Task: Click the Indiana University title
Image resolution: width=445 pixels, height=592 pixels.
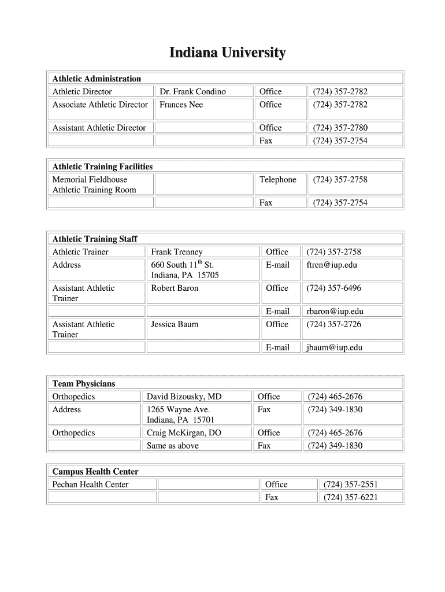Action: point(227,54)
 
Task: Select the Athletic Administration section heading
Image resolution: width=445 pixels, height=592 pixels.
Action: point(97,79)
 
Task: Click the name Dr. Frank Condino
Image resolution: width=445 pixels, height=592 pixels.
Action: point(192,92)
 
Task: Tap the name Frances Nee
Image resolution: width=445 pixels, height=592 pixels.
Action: point(181,105)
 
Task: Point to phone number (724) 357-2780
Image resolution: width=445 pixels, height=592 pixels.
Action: point(340,128)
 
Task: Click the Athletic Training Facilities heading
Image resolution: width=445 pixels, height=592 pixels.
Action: point(102,166)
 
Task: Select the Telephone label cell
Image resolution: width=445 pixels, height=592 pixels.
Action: point(277,180)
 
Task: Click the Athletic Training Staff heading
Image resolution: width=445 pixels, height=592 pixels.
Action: point(95,239)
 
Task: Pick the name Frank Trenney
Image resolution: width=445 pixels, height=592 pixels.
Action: point(177,252)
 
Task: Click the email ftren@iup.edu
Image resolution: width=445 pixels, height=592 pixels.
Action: point(332,265)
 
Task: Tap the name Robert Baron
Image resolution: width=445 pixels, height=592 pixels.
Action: point(175,288)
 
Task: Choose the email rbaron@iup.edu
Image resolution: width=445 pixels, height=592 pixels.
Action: point(335,312)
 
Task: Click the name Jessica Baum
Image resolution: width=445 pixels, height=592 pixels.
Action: point(175,324)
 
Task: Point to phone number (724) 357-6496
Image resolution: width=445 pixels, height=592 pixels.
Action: point(333,288)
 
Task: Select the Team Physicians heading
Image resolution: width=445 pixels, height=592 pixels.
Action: point(84,384)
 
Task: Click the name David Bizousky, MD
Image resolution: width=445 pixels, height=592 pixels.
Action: point(184,397)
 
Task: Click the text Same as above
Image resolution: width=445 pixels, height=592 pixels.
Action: point(172,446)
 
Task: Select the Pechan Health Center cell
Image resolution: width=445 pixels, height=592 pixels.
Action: point(90,484)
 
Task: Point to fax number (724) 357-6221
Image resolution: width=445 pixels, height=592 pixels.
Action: point(351,497)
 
